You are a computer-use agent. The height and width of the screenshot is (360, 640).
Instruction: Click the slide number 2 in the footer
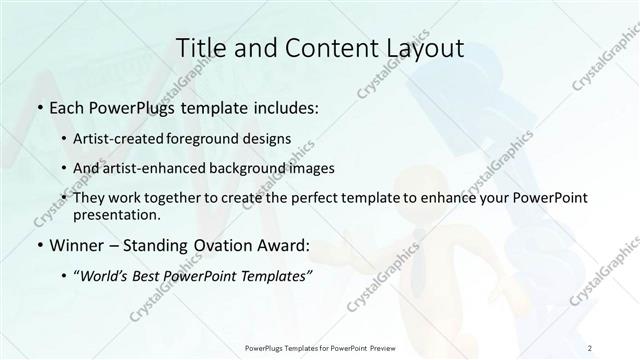point(591,347)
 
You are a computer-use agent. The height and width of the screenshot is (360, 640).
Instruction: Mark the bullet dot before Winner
point(39,244)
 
